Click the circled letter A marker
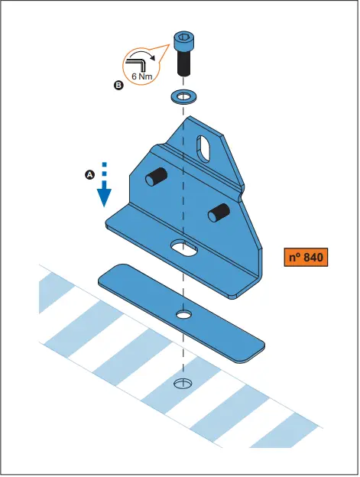(89, 175)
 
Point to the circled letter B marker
(118, 86)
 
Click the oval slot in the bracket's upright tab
(205, 144)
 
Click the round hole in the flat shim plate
(183, 313)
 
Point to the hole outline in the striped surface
(182, 382)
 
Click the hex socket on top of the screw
(183, 36)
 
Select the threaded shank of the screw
(183, 64)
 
